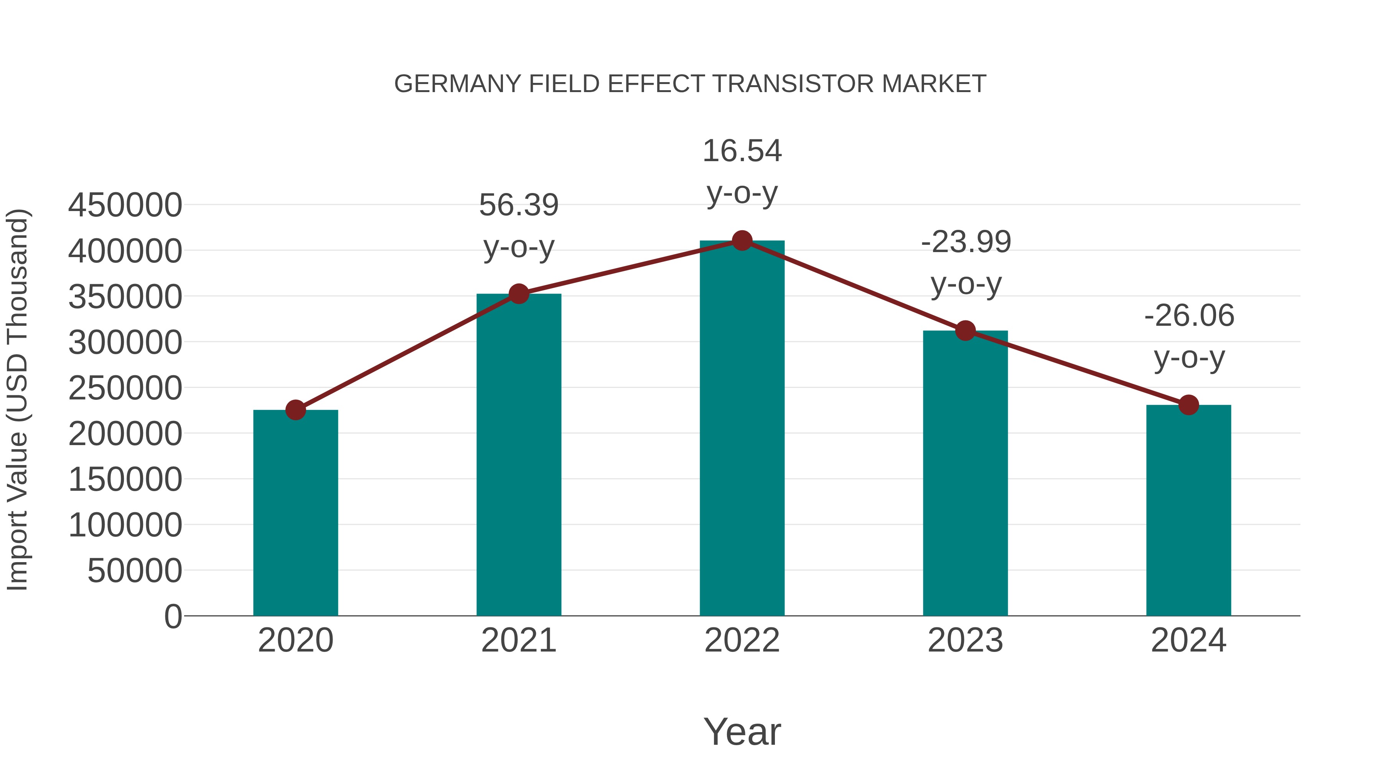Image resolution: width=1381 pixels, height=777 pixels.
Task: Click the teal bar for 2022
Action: pos(742,429)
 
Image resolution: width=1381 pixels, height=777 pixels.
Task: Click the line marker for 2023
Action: pos(966,331)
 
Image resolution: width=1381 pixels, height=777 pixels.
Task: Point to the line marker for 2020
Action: pos(295,410)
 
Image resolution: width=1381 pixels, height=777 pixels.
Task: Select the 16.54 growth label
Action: pos(742,151)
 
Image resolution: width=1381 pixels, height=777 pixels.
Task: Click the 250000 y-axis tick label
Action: pos(125,388)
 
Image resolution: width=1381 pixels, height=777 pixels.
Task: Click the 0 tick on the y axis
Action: pos(173,617)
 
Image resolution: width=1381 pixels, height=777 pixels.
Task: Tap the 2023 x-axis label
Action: pos(966,640)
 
